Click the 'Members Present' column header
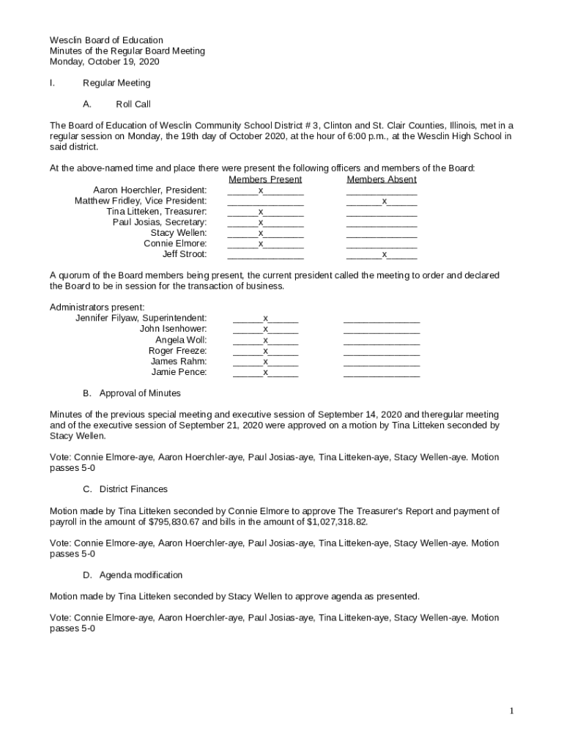[265, 179]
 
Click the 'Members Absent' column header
[382, 179]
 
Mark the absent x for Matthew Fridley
[384, 201]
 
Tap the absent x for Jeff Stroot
[384, 254]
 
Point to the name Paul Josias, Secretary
[159, 222]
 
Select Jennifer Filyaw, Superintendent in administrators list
[141, 318]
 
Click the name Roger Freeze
[177, 351]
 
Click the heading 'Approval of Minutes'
[140, 393]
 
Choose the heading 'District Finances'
[133, 489]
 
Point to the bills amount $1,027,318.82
[336, 522]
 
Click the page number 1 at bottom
[512, 711]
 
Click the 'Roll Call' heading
[133, 105]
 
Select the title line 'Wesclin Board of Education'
[106, 40]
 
